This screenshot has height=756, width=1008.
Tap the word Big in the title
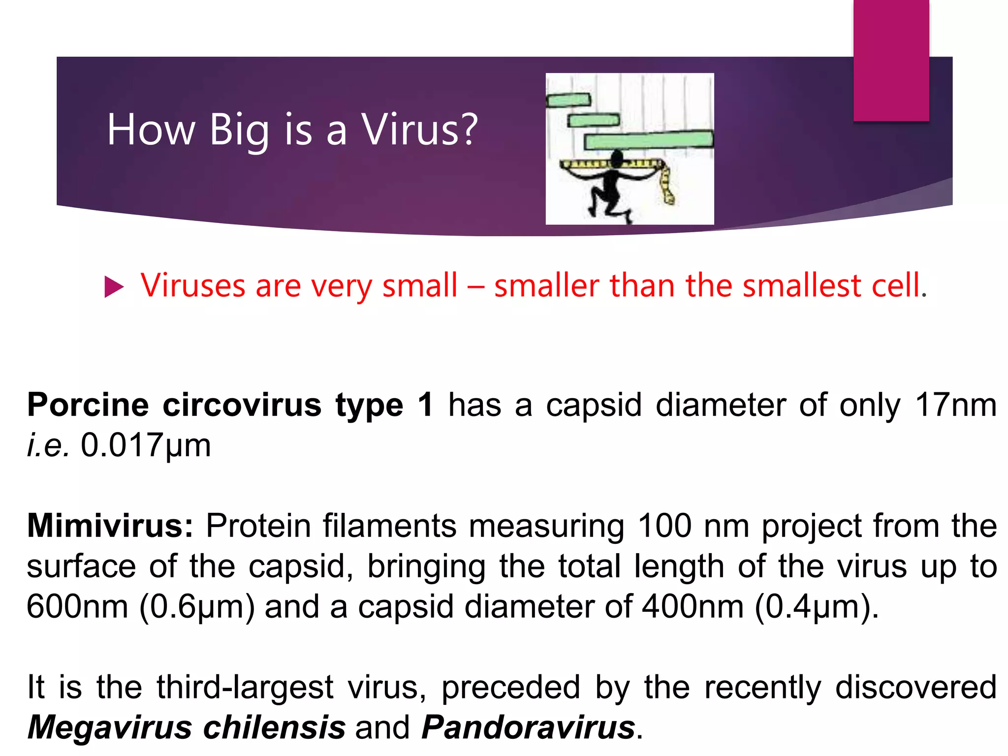239,130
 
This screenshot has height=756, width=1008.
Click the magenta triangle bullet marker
114,287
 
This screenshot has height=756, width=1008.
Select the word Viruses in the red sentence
193,285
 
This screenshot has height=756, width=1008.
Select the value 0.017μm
146,445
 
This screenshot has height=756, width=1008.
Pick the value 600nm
78,606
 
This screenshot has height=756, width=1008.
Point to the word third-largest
245,687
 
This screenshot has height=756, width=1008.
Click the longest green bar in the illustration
649,140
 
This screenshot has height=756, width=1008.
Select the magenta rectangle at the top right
891,60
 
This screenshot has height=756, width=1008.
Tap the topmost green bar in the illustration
568,100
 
